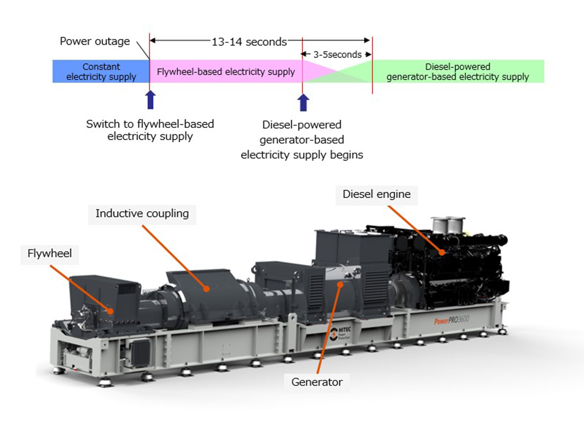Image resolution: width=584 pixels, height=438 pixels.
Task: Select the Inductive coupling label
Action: coord(142,214)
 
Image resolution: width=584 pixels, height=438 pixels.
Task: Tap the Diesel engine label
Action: coord(376,195)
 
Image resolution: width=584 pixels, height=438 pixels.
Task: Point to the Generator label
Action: coord(317,382)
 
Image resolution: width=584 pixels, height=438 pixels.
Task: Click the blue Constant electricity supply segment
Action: coord(101,72)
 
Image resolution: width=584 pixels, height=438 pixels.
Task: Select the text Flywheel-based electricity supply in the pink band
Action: coord(226,72)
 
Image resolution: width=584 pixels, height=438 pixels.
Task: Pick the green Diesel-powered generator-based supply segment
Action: coord(457,72)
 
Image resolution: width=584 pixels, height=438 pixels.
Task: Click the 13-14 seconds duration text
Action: coord(249,42)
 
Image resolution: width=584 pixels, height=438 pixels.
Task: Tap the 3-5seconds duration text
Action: coord(337,55)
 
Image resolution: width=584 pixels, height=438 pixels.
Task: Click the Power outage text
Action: coord(95,41)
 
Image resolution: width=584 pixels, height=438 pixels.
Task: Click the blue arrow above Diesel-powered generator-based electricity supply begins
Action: coord(303,102)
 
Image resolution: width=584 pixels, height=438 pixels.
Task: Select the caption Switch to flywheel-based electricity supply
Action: coord(150,130)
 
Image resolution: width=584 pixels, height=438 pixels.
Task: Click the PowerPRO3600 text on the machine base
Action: coord(456,321)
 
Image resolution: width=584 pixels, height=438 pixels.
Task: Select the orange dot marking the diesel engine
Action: coord(441,253)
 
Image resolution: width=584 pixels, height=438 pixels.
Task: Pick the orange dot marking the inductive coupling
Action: coord(207,289)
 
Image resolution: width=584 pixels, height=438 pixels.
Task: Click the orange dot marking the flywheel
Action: coord(112,311)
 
